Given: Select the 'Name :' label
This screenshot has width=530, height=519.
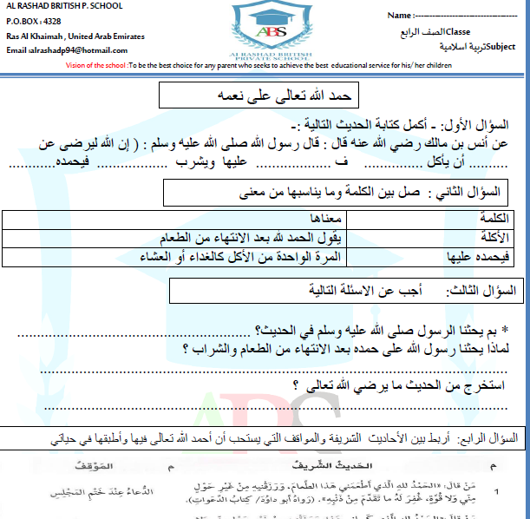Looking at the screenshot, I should click(400, 16).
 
